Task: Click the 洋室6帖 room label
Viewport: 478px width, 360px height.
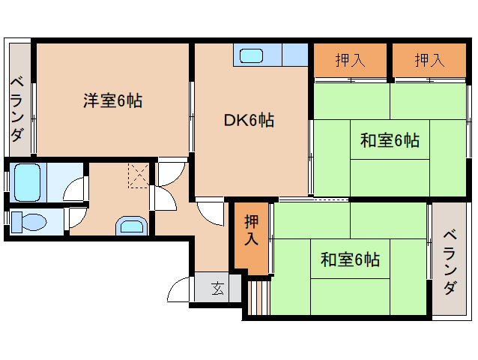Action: point(113,100)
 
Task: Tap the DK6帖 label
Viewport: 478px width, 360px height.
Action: point(249,120)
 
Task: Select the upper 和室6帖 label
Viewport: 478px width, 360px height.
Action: point(390,140)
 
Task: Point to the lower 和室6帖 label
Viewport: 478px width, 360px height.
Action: point(350,259)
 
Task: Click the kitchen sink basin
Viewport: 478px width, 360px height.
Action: point(251,55)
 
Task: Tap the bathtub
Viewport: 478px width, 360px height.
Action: point(28,182)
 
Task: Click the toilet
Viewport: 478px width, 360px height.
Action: point(28,222)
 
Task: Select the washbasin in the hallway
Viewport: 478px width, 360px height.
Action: point(132,226)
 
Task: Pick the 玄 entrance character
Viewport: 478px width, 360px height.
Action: point(218,288)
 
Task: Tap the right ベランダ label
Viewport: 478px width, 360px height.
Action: point(450,262)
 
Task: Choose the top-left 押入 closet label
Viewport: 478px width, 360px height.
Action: point(351,60)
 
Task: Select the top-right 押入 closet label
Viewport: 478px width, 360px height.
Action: point(429,60)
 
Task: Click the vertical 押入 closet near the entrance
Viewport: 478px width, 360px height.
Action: point(252,229)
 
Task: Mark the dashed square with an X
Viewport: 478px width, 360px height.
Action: point(139,175)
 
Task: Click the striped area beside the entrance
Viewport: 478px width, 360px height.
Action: point(258,298)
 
